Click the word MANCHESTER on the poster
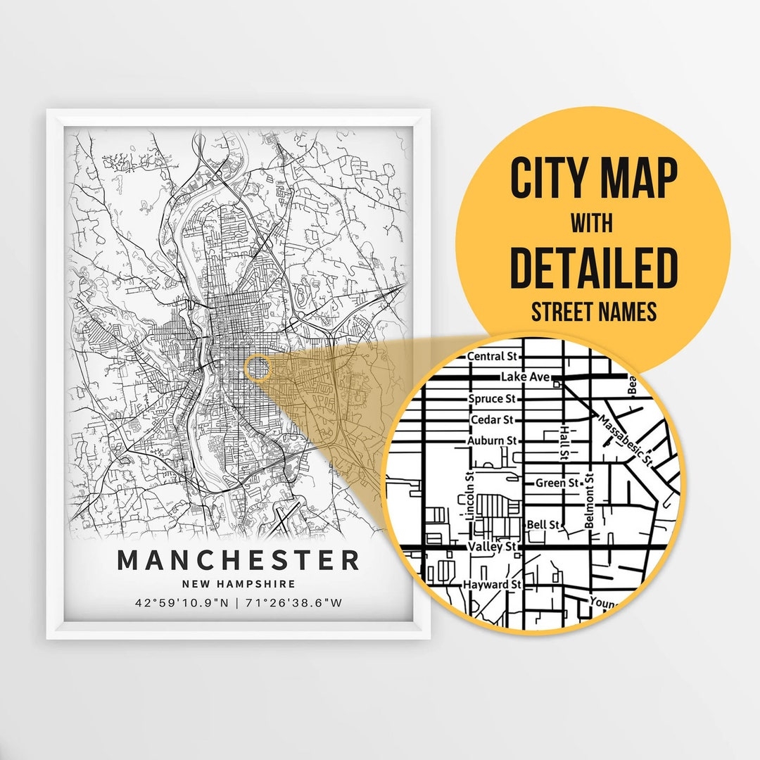238,560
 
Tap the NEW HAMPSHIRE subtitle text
239,584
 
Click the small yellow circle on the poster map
259,368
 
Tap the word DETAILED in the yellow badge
593,268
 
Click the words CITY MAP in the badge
593,179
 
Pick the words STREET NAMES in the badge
593,312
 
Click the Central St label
492,357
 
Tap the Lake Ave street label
524,378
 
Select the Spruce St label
492,399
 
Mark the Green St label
557,483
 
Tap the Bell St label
543,525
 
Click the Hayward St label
492,585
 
